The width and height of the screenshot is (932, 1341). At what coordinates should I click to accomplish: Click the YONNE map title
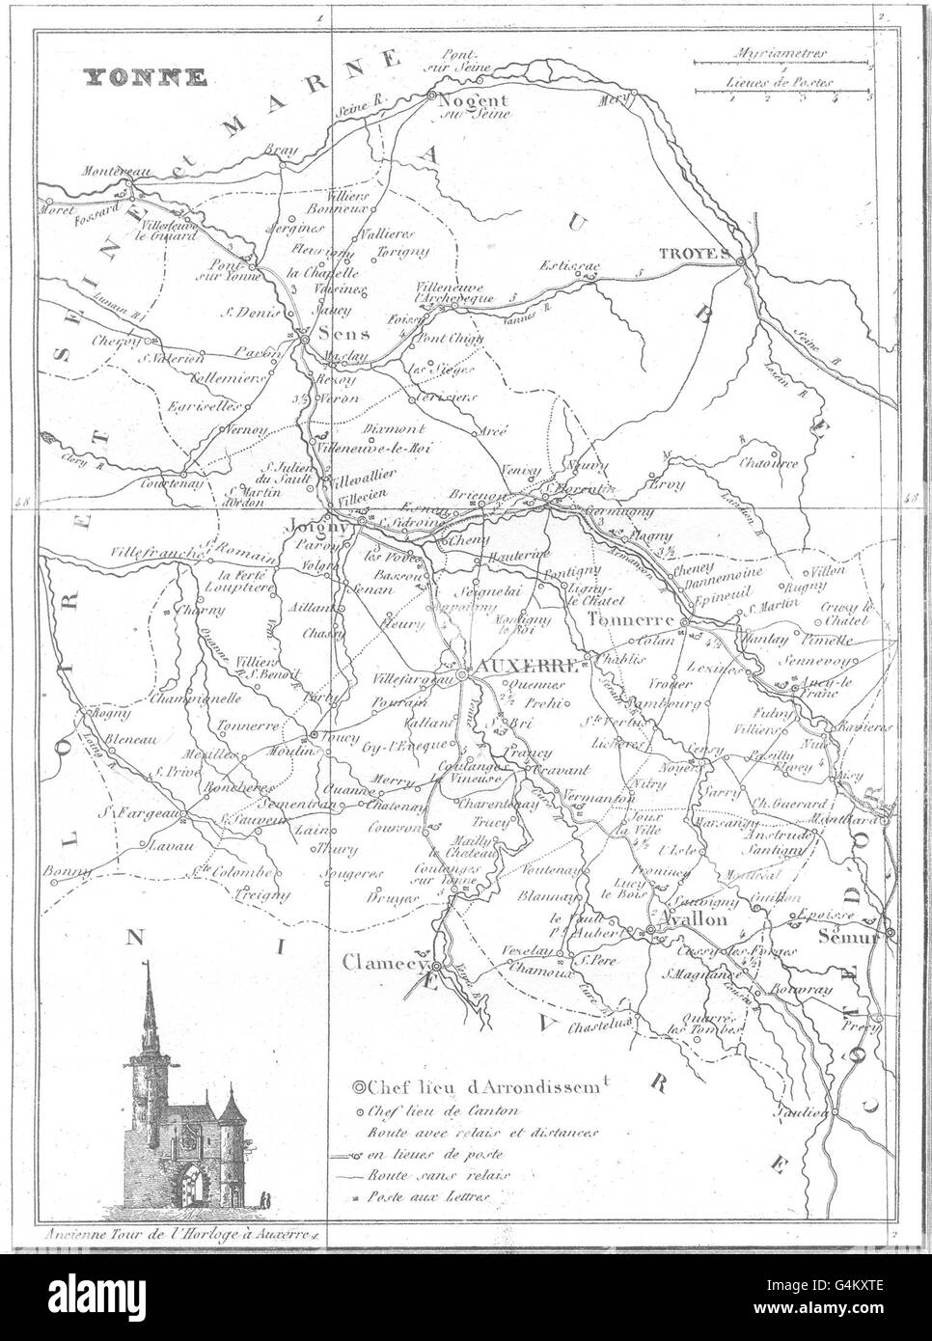pos(143,78)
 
